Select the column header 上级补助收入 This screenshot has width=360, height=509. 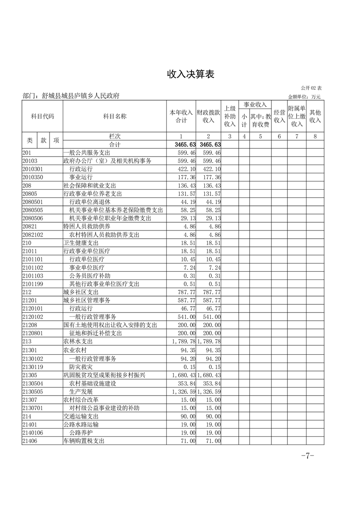(230, 116)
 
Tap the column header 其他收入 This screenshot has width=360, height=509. (315, 116)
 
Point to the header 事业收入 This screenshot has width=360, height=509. (255, 105)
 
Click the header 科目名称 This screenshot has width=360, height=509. (114, 116)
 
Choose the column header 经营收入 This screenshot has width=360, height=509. (279, 116)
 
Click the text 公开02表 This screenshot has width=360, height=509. (311, 88)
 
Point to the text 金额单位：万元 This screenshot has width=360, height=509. (304, 97)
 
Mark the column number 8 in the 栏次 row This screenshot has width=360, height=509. (315, 136)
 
